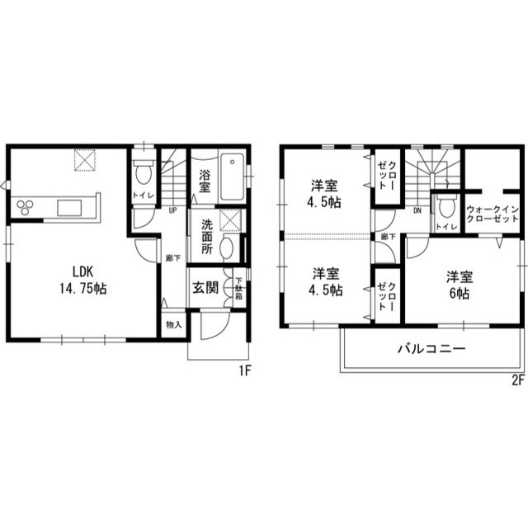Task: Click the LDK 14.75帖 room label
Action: (80, 279)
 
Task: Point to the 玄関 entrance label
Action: (205, 288)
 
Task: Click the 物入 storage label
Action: (172, 324)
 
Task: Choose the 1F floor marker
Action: (244, 371)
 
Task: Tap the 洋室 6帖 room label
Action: (459, 285)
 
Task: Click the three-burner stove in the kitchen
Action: (25, 205)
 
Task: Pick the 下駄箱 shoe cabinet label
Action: (238, 289)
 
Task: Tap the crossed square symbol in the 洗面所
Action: (232, 219)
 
